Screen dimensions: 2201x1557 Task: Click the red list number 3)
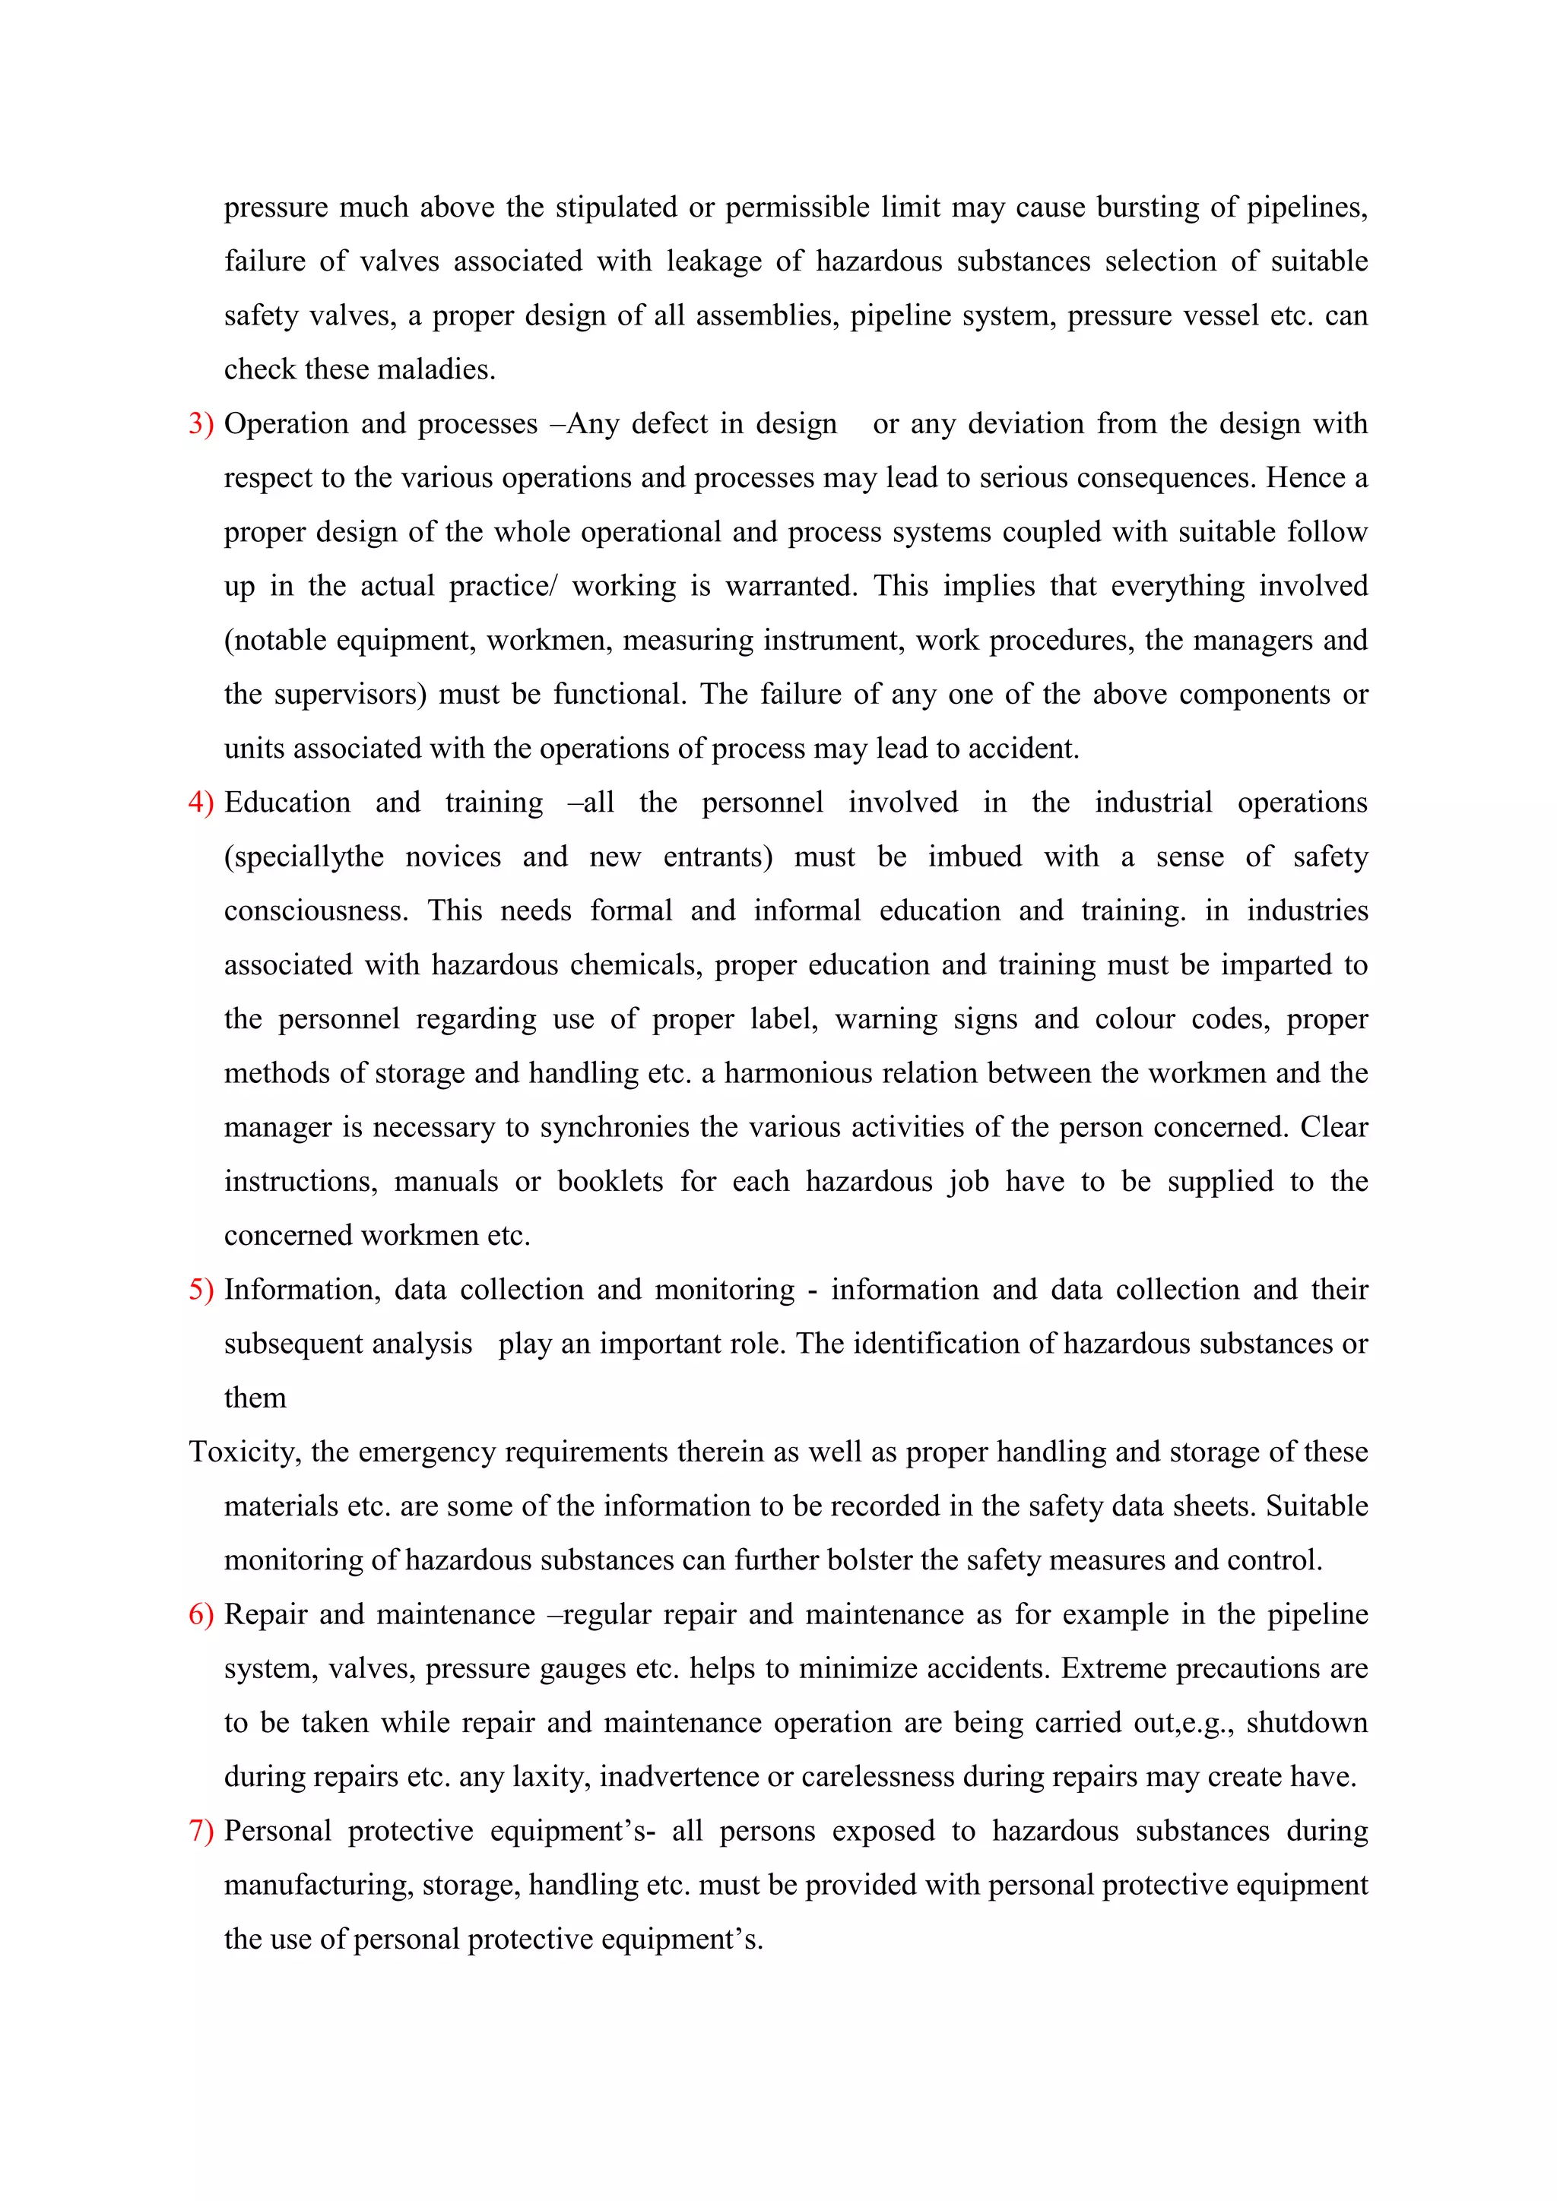click(201, 424)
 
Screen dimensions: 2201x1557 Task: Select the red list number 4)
click(201, 803)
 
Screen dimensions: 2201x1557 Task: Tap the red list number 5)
click(201, 1289)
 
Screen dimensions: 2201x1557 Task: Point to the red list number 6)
click(201, 1614)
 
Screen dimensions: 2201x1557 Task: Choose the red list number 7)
click(201, 1831)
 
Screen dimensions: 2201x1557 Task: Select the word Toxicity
click(245, 1452)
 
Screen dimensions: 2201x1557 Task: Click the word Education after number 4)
click(287, 803)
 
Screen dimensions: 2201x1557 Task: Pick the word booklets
click(610, 1182)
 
